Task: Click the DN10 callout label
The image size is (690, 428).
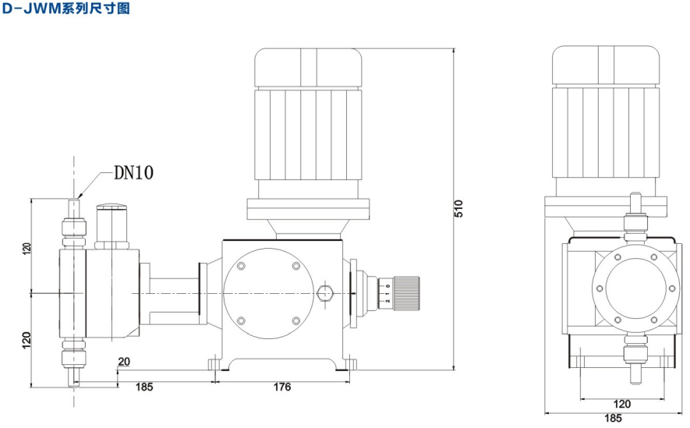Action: pos(134,172)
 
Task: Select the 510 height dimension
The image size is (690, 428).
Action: pos(458,208)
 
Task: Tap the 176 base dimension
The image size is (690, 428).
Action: pos(282,387)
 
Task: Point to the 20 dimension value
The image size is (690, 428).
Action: pos(124,362)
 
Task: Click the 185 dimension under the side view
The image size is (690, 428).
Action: pos(144,387)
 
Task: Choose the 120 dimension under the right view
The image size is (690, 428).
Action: pos(622,404)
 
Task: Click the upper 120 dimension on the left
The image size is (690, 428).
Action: pos(27,249)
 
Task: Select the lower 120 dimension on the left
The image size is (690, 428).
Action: pos(27,341)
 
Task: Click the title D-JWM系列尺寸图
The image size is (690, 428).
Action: pos(66,8)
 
